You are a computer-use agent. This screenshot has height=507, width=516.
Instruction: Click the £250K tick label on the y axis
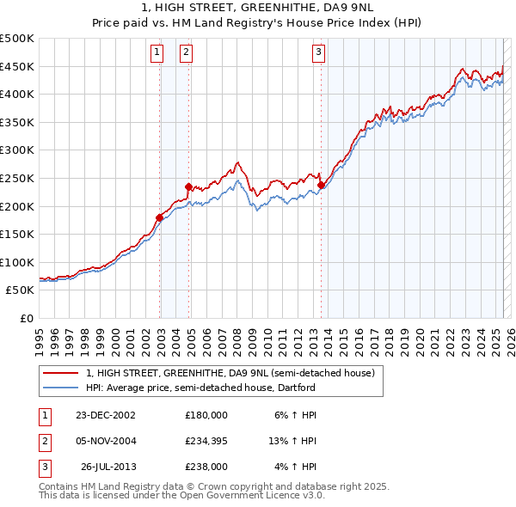[x=17, y=178]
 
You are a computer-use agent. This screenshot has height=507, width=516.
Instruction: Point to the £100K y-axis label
[x=17, y=262]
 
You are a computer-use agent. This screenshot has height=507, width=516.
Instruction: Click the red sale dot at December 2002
[x=159, y=217]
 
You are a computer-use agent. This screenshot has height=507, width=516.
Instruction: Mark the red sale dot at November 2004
[x=188, y=186]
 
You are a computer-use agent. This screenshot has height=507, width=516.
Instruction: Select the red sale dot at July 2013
[x=321, y=185]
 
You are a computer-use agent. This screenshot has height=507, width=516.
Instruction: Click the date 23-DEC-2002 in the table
[x=106, y=414]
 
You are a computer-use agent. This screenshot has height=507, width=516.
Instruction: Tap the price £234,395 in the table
[x=206, y=441]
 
